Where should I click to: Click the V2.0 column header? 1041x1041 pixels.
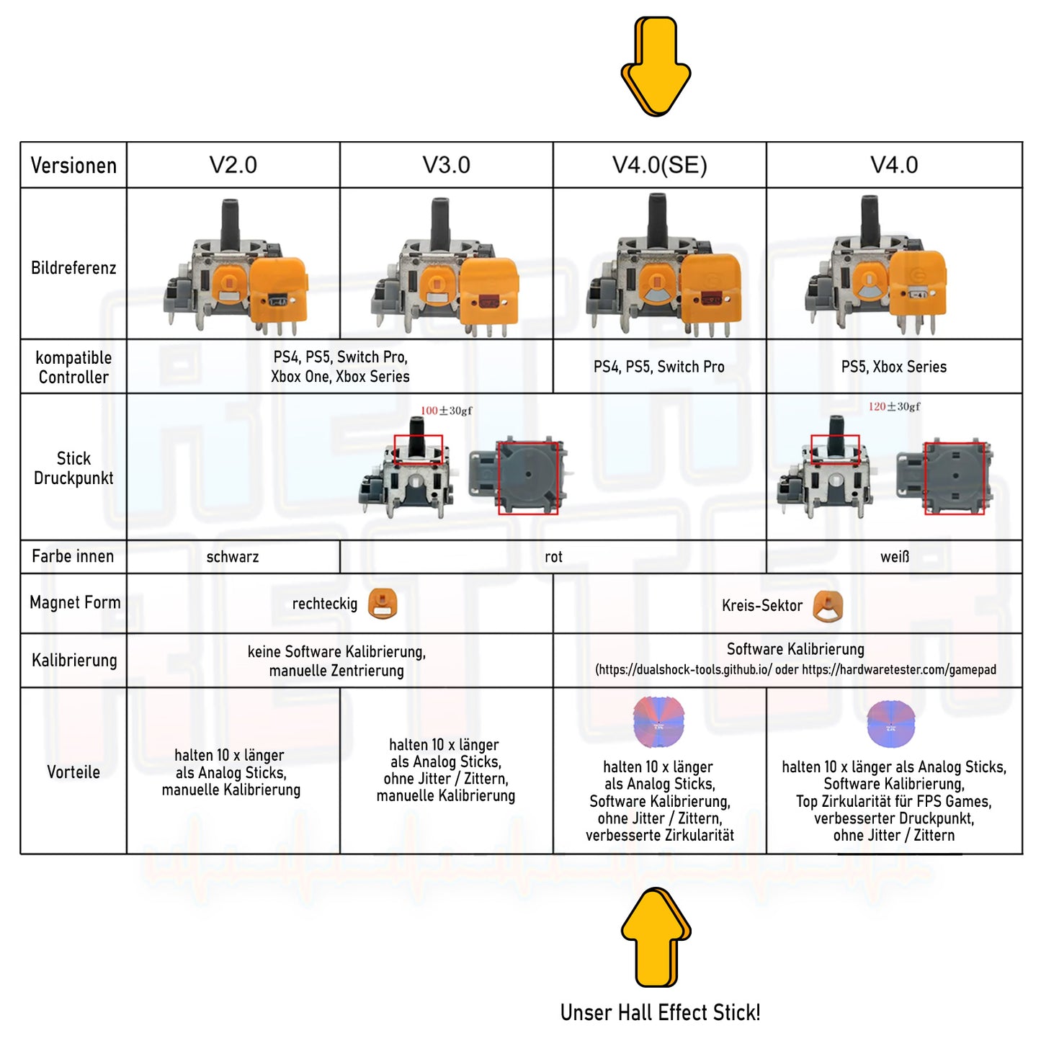[233, 165]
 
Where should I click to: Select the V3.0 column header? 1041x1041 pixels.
[446, 165]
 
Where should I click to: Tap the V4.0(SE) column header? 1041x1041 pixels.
[659, 165]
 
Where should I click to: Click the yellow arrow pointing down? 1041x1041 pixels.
[656, 67]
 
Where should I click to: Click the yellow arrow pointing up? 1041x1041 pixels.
[656, 936]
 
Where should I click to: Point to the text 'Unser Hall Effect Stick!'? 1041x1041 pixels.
[660, 1013]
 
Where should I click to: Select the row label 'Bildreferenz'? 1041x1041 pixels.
[73, 268]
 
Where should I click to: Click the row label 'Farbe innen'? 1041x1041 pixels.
[73, 556]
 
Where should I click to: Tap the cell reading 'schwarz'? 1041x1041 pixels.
[233, 557]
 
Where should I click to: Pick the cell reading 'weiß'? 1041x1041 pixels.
[895, 557]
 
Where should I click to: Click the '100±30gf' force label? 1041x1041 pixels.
[447, 411]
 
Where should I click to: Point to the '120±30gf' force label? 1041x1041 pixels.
[894, 406]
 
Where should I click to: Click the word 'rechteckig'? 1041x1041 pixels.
[324, 604]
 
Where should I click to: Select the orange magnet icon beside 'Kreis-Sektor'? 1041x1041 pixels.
[827, 606]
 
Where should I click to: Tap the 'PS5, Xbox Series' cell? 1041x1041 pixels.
[894, 367]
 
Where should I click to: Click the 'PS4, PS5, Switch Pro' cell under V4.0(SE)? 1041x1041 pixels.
[659, 367]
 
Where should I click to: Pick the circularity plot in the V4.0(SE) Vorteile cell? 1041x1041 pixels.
[658, 722]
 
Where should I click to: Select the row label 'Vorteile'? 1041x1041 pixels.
[73, 772]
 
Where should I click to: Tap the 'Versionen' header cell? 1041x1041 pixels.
[73, 166]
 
